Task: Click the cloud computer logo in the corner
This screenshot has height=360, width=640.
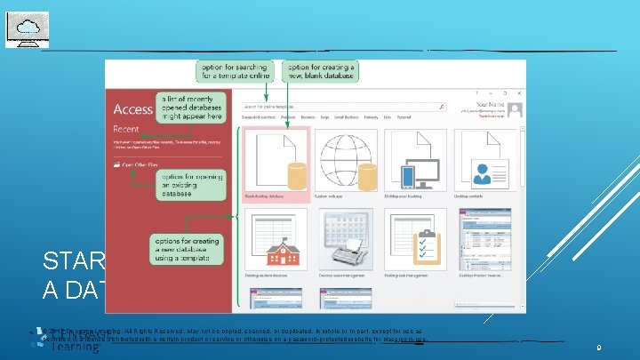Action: coord(28,28)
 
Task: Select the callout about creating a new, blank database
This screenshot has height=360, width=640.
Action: coord(320,71)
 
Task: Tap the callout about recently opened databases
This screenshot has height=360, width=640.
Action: coord(190,107)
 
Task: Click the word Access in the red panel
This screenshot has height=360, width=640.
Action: coord(133,109)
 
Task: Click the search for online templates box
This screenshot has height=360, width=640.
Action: coord(342,107)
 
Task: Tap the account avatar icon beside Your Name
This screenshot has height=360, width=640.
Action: coord(516,108)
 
